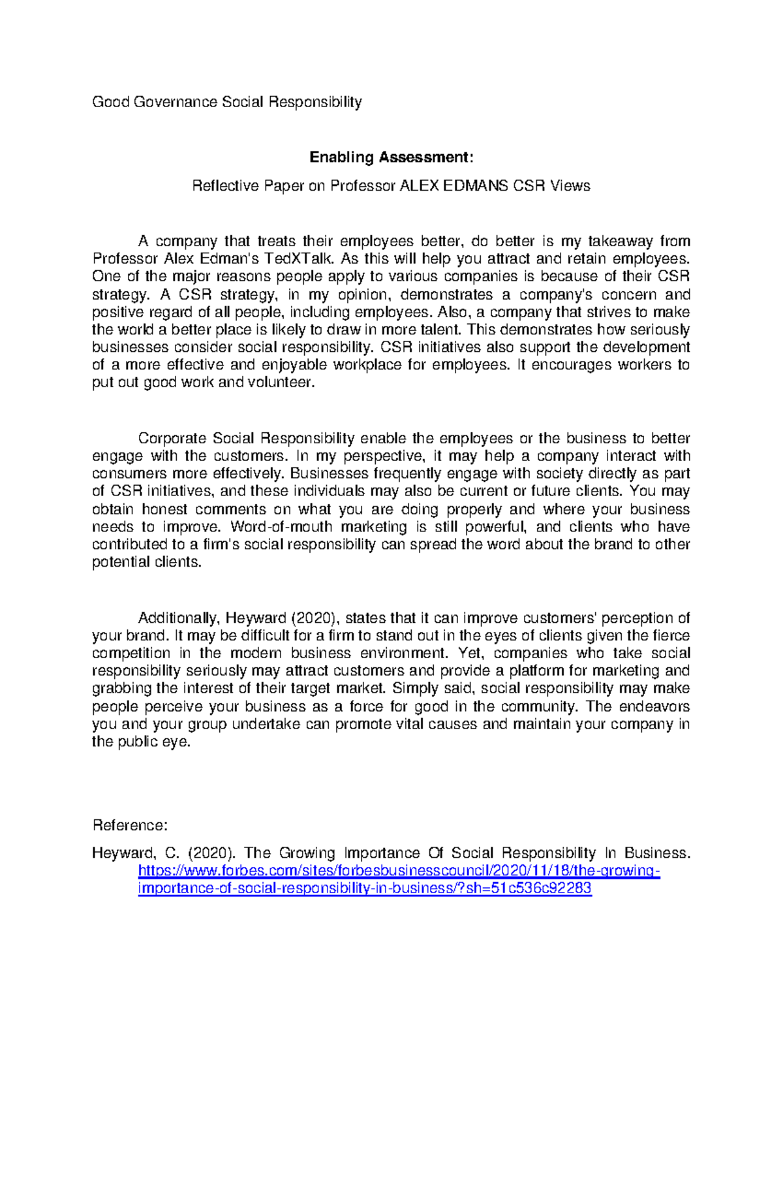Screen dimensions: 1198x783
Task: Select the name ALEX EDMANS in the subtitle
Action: click(453, 186)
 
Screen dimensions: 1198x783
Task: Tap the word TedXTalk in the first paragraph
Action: click(305, 259)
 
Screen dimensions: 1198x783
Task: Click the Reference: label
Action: click(130, 826)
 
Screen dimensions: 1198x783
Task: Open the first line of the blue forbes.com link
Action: click(399, 871)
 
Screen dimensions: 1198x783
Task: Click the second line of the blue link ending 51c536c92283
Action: click(365, 889)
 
